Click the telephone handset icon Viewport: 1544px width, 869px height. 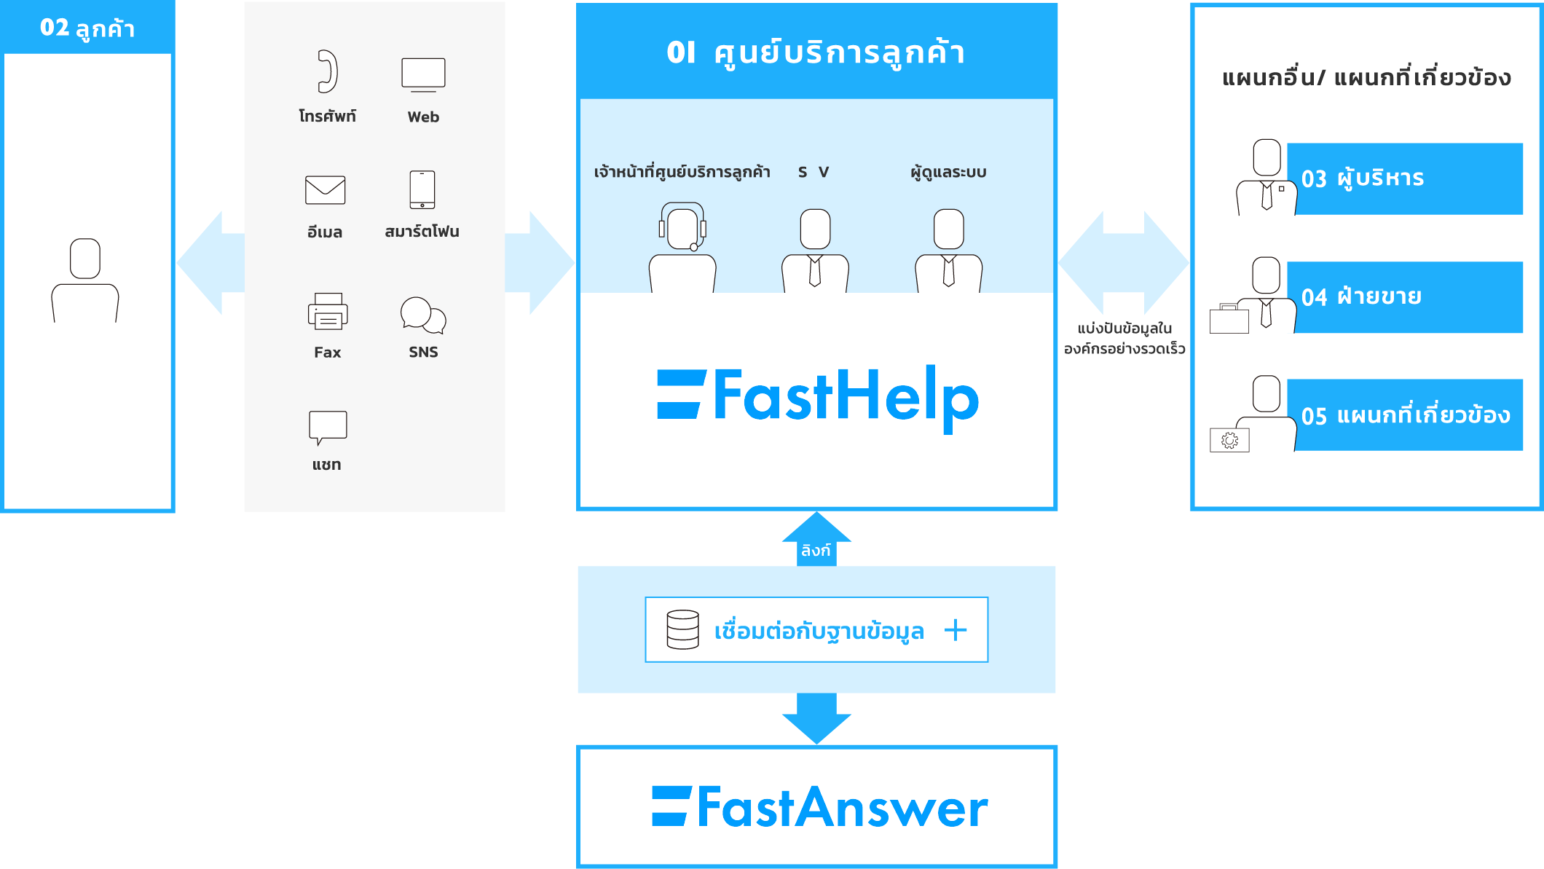click(x=328, y=71)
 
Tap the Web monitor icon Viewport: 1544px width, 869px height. click(x=423, y=74)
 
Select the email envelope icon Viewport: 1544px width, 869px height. click(x=325, y=190)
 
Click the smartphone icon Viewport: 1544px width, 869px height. click(x=422, y=189)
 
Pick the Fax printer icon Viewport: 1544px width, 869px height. click(x=328, y=311)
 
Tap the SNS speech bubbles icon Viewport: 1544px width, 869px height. click(x=423, y=315)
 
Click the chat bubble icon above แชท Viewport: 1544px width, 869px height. click(x=328, y=427)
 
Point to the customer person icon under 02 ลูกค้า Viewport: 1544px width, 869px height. click(x=85, y=280)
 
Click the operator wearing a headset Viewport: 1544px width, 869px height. click(x=682, y=248)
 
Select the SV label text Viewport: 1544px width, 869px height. click(x=814, y=173)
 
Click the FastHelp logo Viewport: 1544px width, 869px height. click(x=817, y=397)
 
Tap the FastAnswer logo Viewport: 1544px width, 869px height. click(x=819, y=807)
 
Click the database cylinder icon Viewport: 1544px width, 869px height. click(x=682, y=629)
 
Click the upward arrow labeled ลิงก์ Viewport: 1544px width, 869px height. click(x=816, y=539)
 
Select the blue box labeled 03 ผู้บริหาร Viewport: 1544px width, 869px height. click(x=1405, y=178)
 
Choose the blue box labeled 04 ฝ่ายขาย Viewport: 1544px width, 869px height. click(x=1405, y=297)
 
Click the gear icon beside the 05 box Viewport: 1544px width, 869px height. click(x=1229, y=440)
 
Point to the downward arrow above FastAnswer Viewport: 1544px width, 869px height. click(x=816, y=717)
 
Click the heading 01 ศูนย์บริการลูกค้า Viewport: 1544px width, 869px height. click(x=816, y=52)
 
